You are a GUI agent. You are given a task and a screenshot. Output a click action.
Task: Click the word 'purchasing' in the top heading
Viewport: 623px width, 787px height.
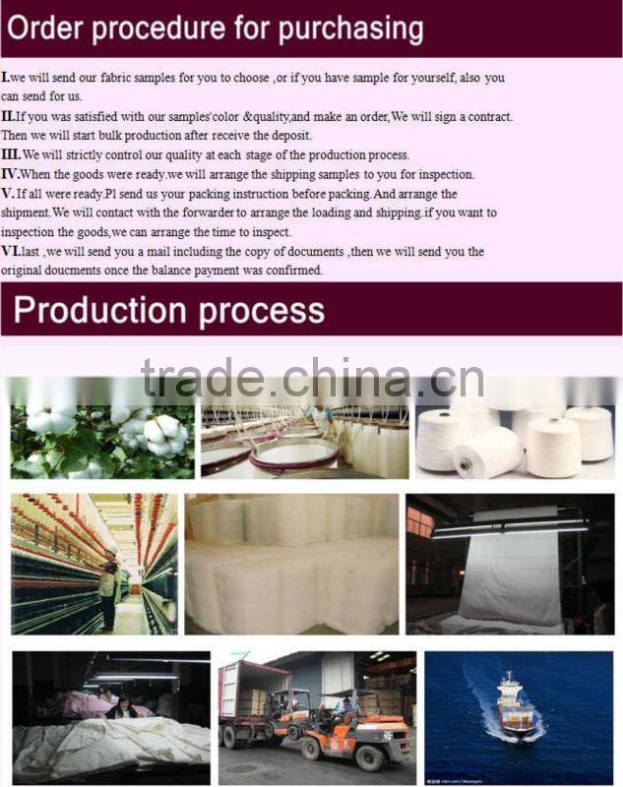pyautogui.click(x=351, y=30)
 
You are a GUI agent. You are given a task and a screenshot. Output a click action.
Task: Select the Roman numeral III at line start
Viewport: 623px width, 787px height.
pyautogui.click(x=11, y=154)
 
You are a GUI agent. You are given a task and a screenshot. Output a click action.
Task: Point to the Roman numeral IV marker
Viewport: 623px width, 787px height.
pyautogui.click(x=10, y=174)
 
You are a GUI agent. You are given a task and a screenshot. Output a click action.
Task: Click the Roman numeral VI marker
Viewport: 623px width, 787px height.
pyautogui.click(x=11, y=251)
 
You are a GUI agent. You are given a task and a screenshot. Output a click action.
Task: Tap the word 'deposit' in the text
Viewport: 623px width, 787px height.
pyautogui.click(x=291, y=136)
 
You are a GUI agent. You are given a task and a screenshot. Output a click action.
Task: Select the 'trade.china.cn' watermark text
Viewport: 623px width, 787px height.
pyautogui.click(x=312, y=378)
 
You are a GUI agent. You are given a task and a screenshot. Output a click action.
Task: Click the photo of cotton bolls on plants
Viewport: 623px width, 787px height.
pyautogui.click(x=102, y=442)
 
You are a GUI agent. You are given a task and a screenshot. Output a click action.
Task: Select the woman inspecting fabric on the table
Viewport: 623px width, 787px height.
pyautogui.click(x=122, y=706)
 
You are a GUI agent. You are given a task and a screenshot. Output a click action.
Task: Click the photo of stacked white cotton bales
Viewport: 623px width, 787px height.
pyautogui.click(x=291, y=564)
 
